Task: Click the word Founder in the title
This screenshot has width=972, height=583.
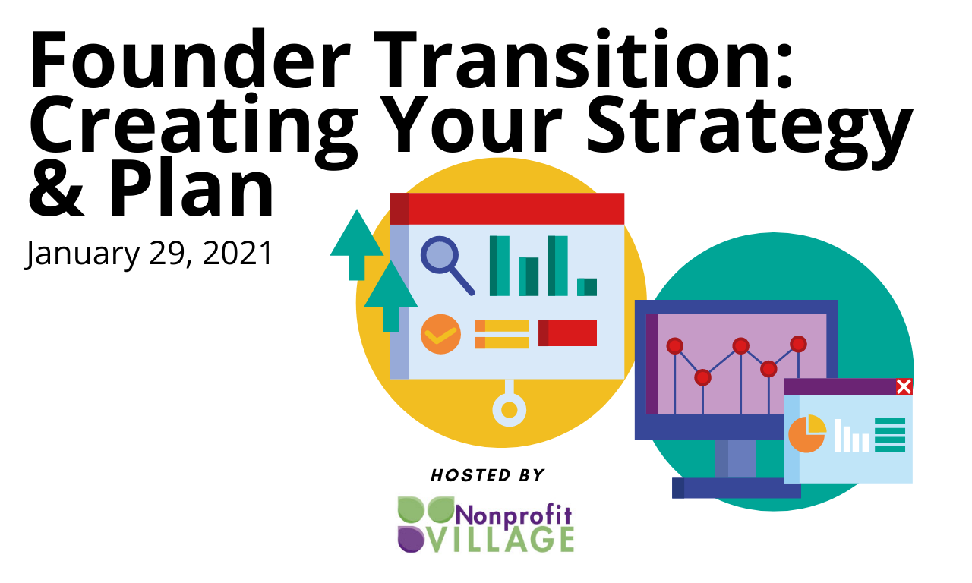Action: click(x=190, y=58)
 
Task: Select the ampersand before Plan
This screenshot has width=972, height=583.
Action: click(x=56, y=191)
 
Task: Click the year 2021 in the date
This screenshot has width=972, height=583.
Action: click(x=238, y=253)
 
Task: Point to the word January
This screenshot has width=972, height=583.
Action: click(x=83, y=255)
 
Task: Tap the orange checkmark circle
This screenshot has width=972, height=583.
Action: click(x=440, y=334)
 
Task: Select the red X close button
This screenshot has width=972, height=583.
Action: click(x=904, y=386)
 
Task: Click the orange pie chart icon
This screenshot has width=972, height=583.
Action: click(x=807, y=433)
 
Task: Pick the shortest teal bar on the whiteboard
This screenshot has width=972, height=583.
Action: click(x=587, y=287)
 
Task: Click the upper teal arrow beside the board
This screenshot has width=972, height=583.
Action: click(x=357, y=245)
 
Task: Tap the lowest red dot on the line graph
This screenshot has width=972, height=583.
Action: click(x=702, y=377)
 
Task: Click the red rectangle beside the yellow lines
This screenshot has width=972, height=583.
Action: click(x=567, y=333)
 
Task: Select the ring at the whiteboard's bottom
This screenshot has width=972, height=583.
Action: click(x=509, y=409)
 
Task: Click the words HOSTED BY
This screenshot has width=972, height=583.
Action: click(x=488, y=475)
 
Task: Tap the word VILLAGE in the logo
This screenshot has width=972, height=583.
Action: click(x=503, y=540)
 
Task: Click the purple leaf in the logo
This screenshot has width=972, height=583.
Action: click(x=411, y=539)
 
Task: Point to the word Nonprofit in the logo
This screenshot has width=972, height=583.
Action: click(x=513, y=515)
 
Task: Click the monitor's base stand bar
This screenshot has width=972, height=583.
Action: click(x=737, y=488)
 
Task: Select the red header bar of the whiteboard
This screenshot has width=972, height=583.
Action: click(x=507, y=209)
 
